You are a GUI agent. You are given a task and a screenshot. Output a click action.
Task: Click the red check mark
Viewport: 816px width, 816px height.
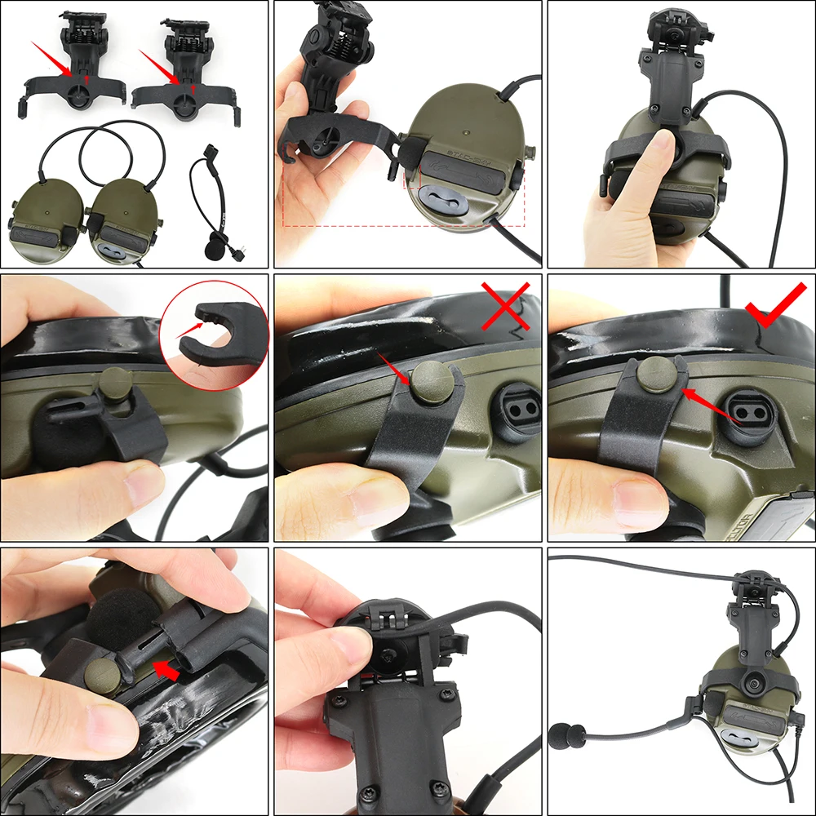tap(775, 307)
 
